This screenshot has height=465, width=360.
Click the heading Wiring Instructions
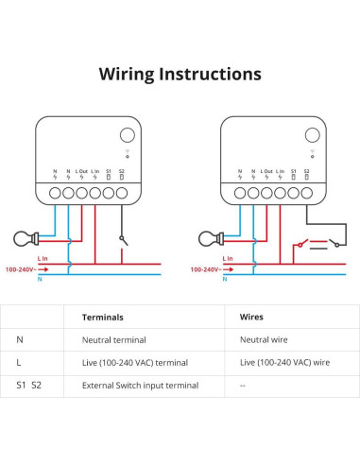[x=180, y=74]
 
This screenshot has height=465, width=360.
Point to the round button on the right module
[x=311, y=135]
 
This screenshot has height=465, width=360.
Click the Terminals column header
[x=103, y=319]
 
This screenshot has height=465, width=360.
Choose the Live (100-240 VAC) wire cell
[x=284, y=361]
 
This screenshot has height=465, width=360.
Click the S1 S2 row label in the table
[x=29, y=385]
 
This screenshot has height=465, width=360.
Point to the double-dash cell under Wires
[x=243, y=385]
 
